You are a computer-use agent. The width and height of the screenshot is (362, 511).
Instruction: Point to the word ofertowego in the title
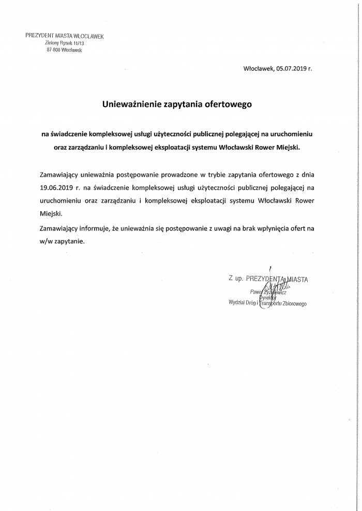231,104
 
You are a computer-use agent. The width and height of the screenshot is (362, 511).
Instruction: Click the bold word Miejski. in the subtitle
286,147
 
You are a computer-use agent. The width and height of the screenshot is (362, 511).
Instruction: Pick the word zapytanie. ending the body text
68,241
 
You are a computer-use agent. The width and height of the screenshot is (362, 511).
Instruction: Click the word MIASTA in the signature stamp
295,279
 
